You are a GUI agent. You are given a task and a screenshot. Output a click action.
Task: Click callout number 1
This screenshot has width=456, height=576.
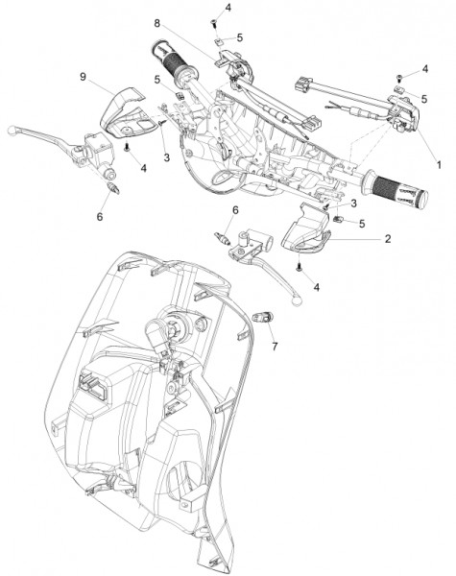(439, 165)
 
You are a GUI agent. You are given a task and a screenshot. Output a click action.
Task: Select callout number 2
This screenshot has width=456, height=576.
(388, 239)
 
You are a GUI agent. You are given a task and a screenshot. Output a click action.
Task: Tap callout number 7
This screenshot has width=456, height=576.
(275, 346)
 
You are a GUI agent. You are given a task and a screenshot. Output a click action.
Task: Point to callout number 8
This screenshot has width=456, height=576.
(156, 23)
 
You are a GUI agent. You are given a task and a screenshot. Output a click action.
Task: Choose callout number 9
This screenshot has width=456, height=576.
(84, 77)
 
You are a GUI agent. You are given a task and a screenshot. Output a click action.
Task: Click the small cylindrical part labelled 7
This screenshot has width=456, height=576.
(262, 316)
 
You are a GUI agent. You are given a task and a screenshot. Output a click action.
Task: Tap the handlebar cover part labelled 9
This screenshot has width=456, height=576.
(122, 112)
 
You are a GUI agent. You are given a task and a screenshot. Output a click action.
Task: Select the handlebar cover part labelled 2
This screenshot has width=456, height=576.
(305, 229)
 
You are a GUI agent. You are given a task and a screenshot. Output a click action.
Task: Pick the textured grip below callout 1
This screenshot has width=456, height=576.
(395, 189)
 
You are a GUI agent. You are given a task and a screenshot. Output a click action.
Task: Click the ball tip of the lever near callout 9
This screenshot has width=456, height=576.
(12, 130)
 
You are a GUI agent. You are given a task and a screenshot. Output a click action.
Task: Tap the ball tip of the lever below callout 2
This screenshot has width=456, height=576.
(297, 301)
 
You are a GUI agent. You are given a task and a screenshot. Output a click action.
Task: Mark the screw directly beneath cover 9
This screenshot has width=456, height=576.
(127, 148)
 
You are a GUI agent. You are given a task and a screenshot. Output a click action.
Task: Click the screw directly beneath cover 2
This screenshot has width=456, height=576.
(299, 268)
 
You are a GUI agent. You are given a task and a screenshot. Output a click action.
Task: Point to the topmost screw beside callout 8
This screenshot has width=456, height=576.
(213, 23)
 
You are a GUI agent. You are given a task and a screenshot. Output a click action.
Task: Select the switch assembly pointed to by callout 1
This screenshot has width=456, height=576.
(403, 113)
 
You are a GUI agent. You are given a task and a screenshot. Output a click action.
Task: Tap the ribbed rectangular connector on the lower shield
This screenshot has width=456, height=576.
(93, 387)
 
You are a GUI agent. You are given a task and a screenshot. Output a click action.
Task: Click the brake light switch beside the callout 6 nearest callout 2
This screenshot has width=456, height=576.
(223, 238)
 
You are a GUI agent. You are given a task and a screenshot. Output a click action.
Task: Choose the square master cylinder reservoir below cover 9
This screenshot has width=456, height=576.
(99, 149)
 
